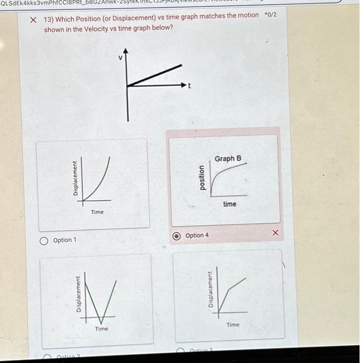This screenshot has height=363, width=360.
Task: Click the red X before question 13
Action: click(x=33, y=19)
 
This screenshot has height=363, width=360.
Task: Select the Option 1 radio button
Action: click(x=45, y=240)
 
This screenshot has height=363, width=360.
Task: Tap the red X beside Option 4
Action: click(x=275, y=234)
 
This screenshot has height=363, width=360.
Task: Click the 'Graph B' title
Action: click(x=228, y=158)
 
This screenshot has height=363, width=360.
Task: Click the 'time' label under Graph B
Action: click(x=229, y=204)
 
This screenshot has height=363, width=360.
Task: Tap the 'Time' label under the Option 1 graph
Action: click(x=97, y=212)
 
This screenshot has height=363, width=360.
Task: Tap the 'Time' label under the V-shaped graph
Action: click(x=102, y=329)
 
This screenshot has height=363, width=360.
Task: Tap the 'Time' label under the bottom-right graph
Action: click(x=233, y=325)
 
